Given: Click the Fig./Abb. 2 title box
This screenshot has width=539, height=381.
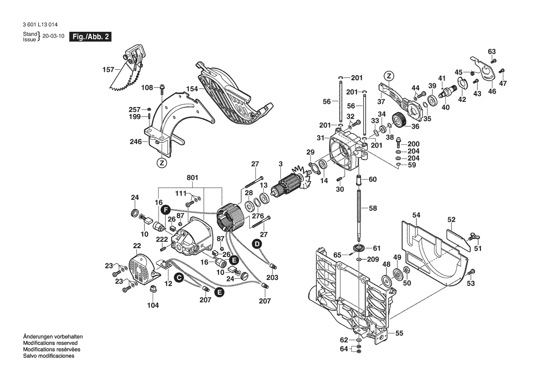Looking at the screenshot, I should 90,37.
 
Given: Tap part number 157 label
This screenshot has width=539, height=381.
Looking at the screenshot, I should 108,70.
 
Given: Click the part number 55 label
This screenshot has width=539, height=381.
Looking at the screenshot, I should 399,333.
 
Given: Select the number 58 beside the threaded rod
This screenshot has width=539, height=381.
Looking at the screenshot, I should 373,208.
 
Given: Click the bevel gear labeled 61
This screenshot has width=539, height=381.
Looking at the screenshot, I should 358,248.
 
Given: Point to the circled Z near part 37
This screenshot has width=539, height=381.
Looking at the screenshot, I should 389,76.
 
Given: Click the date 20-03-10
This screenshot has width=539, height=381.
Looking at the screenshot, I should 54,37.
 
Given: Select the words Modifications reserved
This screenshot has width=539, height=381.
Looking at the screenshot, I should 50,343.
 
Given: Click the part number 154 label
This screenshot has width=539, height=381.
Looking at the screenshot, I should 192,89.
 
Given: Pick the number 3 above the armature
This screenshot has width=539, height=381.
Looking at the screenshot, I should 280,164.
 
